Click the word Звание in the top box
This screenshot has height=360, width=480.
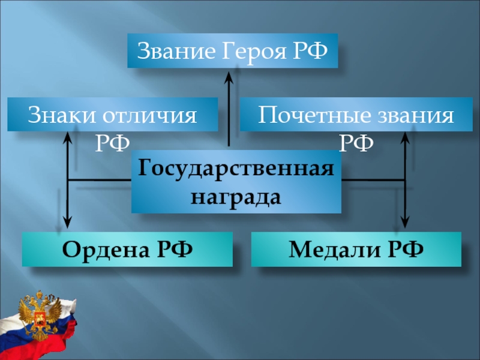coord(172,51)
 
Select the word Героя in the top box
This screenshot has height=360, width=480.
coord(248,51)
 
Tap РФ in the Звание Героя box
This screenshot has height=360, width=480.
coord(310,51)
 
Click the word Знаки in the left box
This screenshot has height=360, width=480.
coord(56,115)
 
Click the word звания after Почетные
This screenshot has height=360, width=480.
coord(415,115)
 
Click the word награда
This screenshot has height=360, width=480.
coord(236,196)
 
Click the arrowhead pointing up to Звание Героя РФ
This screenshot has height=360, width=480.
coord(229,76)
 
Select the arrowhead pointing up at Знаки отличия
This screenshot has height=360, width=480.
coord(68,138)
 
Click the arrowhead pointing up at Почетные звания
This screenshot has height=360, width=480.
coord(406,138)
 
